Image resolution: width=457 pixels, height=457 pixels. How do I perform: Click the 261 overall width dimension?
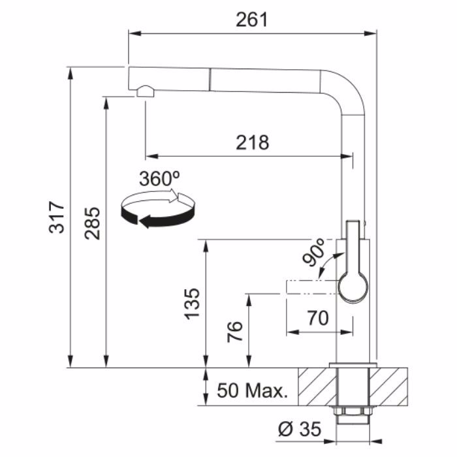pyautogui.click(x=251, y=20)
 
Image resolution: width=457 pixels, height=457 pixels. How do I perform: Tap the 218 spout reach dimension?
pyautogui.click(x=253, y=142)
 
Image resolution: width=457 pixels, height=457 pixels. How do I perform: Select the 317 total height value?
pyautogui.click(x=57, y=217)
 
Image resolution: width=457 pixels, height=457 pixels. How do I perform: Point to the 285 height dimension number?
pyautogui.click(x=93, y=223)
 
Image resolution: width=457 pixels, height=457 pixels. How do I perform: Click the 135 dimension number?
pyautogui.click(x=193, y=304)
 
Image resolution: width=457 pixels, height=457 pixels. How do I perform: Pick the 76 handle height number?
pyautogui.click(x=235, y=332)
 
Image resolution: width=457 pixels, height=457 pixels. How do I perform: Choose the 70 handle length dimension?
pyautogui.click(x=318, y=318)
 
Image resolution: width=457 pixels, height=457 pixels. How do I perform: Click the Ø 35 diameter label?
pyautogui.click(x=300, y=429)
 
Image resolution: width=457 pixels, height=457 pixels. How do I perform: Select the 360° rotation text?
pyautogui.click(x=159, y=178)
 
